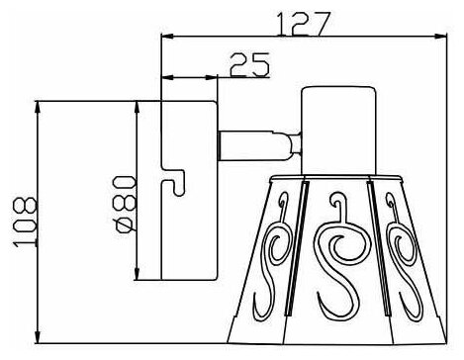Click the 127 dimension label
(x=303, y=24)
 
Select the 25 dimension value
(x=249, y=64)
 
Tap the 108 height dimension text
(x=25, y=222)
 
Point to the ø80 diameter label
(x=125, y=205)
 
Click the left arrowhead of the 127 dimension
(x=167, y=37)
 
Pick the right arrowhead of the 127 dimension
(x=440, y=37)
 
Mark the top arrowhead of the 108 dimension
(x=38, y=108)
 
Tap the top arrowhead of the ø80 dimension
(x=138, y=108)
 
